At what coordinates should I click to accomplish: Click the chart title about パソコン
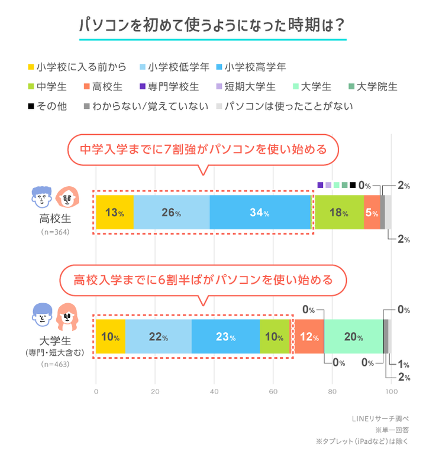tap(212, 26)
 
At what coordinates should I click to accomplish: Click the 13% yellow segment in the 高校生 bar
tap(114, 213)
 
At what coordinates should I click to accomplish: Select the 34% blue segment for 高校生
tap(260, 213)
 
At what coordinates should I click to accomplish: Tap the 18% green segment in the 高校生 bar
tap(338, 213)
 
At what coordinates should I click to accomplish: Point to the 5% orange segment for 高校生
tap(372, 213)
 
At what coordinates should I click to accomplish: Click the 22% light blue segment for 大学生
tap(159, 337)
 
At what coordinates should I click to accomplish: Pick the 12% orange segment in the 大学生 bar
tap(309, 337)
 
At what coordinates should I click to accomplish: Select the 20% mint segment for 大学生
tap(353, 337)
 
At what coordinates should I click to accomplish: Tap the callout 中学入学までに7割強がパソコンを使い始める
tap(202, 148)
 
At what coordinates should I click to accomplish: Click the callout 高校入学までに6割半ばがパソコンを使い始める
tap(202, 278)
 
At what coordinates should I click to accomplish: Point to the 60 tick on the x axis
tap(273, 391)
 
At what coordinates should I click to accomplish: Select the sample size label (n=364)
tap(56, 232)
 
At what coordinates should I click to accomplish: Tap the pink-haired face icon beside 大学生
tap(68, 317)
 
